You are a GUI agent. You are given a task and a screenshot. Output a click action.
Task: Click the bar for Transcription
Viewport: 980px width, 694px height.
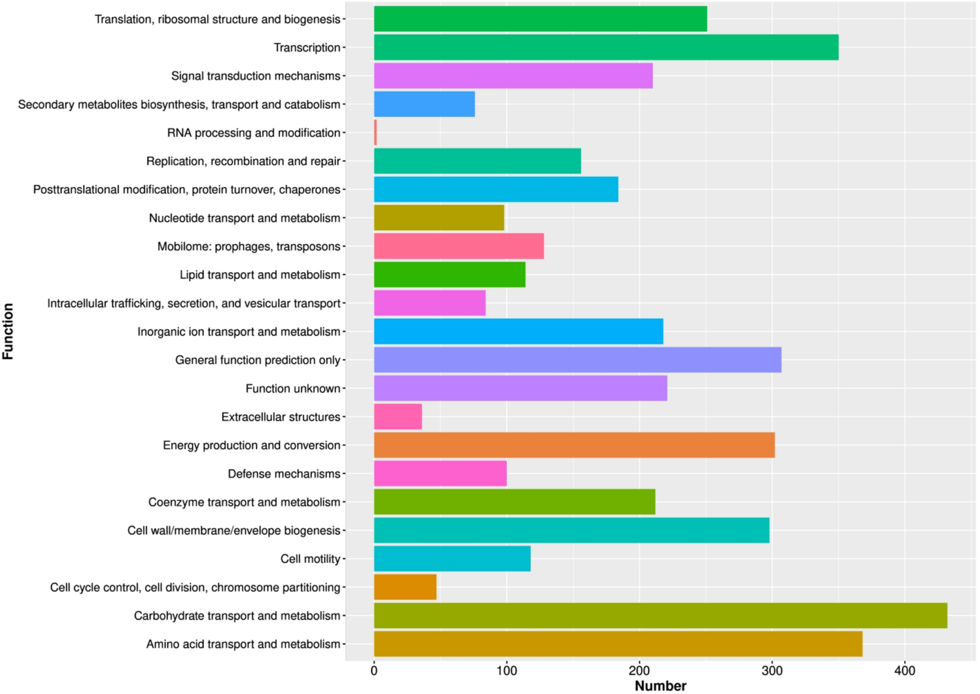605,47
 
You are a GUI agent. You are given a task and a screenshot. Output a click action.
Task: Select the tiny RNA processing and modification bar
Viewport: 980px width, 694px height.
376,132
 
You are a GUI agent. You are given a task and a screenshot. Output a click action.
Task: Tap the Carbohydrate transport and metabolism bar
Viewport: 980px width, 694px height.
660,615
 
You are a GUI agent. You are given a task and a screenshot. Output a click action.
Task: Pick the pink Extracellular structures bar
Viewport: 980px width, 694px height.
398,417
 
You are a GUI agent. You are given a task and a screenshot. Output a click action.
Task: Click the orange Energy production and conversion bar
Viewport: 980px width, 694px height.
574,445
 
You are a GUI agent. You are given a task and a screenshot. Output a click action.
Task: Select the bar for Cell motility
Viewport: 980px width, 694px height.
452,559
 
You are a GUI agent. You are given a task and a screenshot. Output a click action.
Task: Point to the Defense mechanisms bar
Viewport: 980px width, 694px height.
440,473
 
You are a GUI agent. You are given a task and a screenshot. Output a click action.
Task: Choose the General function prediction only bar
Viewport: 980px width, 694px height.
577,360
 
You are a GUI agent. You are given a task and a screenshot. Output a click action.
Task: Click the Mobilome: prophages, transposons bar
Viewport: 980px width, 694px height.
459,246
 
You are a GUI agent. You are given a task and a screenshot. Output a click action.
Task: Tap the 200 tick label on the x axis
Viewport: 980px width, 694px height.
639,671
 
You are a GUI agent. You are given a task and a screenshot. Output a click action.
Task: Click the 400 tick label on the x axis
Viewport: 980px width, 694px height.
904,671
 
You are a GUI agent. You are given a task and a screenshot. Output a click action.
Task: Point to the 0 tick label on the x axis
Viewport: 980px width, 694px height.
374,671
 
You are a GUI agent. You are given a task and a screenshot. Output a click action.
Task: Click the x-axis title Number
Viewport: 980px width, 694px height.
660,686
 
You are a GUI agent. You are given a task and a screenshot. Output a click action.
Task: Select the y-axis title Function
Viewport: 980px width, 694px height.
8,331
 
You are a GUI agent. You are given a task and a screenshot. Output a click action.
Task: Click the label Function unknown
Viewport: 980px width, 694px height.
293,389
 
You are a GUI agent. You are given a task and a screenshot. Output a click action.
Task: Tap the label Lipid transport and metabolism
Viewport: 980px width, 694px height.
260,275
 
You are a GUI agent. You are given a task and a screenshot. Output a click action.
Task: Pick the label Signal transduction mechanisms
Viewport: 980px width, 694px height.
255,76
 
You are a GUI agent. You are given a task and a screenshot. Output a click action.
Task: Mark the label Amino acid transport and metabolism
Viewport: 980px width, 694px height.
243,644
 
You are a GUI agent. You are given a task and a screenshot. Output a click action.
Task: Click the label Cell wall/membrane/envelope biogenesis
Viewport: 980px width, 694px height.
234,531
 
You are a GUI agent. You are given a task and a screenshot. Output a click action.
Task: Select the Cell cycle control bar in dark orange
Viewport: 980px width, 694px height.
405,587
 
